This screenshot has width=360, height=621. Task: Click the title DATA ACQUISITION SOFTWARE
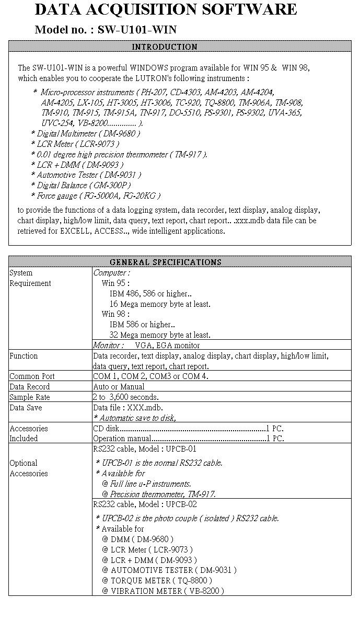[166, 9]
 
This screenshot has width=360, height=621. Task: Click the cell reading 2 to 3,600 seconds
[125, 397]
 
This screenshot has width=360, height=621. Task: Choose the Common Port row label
[32, 376]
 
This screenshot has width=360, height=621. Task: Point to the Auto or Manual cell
[119, 387]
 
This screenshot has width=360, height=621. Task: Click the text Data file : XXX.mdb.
[127, 408]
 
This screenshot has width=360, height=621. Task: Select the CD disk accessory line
[188, 429]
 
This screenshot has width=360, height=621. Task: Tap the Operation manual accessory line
[188, 439]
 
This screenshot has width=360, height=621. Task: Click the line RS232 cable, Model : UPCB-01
[145, 449]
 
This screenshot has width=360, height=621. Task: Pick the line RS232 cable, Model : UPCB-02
[145, 504]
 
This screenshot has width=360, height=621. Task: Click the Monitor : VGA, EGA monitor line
[146, 345]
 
